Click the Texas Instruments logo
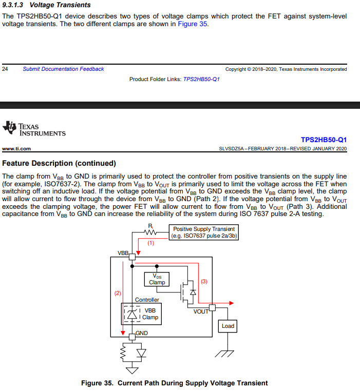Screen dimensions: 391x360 tap(34, 129)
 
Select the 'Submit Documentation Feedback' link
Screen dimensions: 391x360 tap(63, 69)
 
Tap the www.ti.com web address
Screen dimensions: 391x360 tap(17, 149)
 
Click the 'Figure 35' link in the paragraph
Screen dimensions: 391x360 tap(192, 24)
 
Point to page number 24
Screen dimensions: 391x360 tap(5, 69)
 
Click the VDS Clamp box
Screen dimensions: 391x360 tap(157, 279)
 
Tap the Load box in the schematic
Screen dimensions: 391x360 tap(228, 326)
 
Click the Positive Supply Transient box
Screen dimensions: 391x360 tap(204, 232)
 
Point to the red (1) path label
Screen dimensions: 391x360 tap(151, 243)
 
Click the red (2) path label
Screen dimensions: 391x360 tap(117, 293)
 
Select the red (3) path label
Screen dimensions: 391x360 tap(204, 281)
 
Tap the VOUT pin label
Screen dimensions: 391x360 tap(201, 311)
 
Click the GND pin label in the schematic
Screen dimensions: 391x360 tap(142, 333)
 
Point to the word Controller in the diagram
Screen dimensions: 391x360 tap(147, 300)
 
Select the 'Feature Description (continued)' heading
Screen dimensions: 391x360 tap(59, 163)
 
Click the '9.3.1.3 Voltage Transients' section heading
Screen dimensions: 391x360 tap(46, 5)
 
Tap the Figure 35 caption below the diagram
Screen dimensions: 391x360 tap(174, 383)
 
